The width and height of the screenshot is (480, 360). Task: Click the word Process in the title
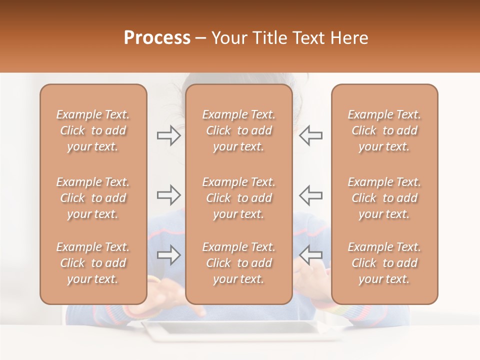pyautogui.click(x=157, y=38)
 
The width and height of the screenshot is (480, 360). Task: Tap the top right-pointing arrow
pyautogui.click(x=169, y=135)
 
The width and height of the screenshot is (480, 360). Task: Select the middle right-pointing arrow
pyautogui.click(x=169, y=195)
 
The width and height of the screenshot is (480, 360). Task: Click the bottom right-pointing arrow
pyautogui.click(x=169, y=255)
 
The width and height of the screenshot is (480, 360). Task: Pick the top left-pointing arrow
pyautogui.click(x=310, y=135)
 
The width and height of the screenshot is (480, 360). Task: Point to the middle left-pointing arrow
pyautogui.click(x=310, y=195)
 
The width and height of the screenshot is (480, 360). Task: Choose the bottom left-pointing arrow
pyautogui.click(x=310, y=255)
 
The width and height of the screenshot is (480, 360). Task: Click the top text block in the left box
pyautogui.click(x=93, y=130)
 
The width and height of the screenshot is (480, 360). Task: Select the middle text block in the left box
pyautogui.click(x=93, y=198)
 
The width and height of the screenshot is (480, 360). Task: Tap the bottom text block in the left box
pyautogui.click(x=93, y=263)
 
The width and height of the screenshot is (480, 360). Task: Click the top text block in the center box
pyautogui.click(x=238, y=130)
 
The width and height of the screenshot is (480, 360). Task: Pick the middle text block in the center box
pyautogui.click(x=238, y=198)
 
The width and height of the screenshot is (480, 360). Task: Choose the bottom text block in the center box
pyautogui.click(x=238, y=263)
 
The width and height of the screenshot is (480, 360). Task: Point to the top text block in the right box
pyautogui.click(x=384, y=130)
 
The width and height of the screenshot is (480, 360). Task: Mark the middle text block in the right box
pyautogui.click(x=384, y=198)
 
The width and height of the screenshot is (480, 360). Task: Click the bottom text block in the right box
pyautogui.click(x=384, y=263)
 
